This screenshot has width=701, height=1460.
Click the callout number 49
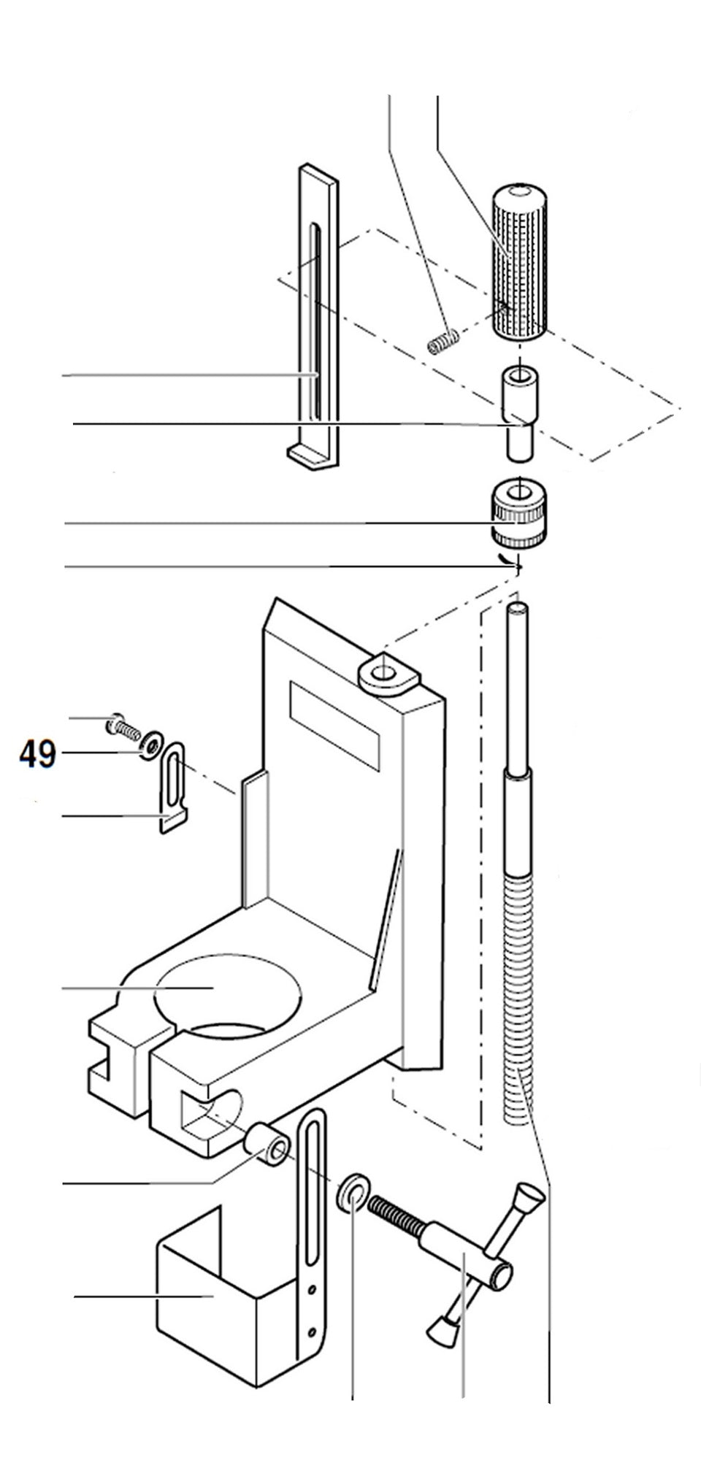(37, 753)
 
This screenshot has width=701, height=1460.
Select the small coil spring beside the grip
(443, 340)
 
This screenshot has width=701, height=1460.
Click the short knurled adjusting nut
(518, 515)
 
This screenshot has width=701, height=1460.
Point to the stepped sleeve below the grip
(518, 412)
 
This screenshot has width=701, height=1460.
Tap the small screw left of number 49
(123, 726)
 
